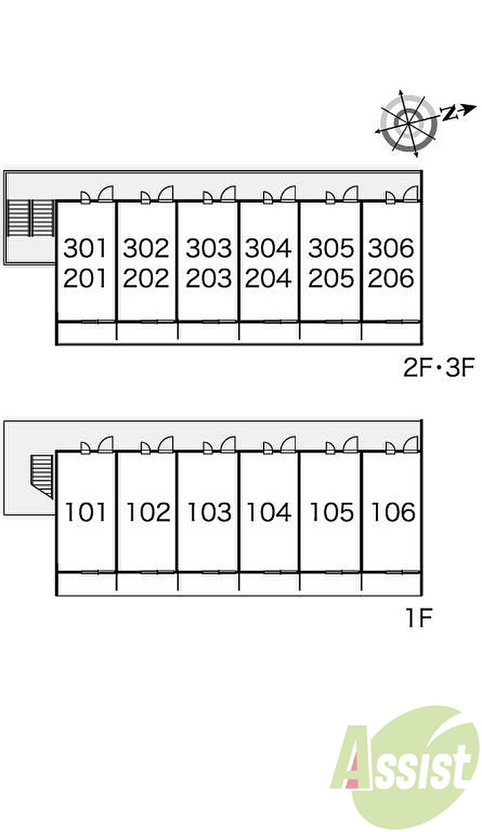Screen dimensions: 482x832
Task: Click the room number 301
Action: point(85,248)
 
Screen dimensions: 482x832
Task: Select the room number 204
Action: point(268,278)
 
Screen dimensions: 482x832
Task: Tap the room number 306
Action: point(390,248)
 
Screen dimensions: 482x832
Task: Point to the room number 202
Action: point(146,278)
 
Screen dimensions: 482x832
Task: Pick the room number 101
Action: point(85,512)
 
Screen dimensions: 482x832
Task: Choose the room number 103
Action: point(209,512)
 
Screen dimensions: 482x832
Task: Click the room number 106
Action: point(393,512)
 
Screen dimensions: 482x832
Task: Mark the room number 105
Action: point(332,512)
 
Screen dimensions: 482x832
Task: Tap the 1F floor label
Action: point(419,618)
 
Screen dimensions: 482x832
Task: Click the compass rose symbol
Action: point(408,123)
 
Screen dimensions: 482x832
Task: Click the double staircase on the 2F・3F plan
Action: point(31,218)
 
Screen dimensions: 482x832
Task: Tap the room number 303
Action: point(209,248)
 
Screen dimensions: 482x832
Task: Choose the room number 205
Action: point(331,278)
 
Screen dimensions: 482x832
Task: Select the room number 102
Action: point(149,512)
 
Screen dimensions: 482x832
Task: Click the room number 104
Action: point(269,512)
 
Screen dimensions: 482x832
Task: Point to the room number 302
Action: point(146,248)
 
